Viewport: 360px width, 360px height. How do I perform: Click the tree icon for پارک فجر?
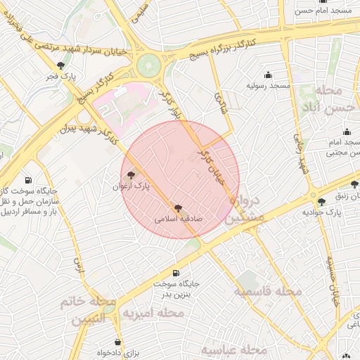click(x=60, y=65)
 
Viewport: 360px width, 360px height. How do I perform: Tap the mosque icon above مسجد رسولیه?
click(x=268, y=75)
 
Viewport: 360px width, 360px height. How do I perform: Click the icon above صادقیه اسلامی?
click(x=178, y=208)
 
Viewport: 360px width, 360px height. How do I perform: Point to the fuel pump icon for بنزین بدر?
click(x=175, y=273)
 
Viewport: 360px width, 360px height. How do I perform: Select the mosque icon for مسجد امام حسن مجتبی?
click(x=347, y=131)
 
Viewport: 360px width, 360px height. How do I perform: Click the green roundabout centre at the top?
click(x=148, y=65)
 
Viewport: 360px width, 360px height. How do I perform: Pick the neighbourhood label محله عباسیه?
click(x=234, y=349)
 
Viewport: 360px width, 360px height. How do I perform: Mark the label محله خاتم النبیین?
click(x=88, y=309)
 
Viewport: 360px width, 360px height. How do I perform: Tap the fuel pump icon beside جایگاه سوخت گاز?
click(x=28, y=181)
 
